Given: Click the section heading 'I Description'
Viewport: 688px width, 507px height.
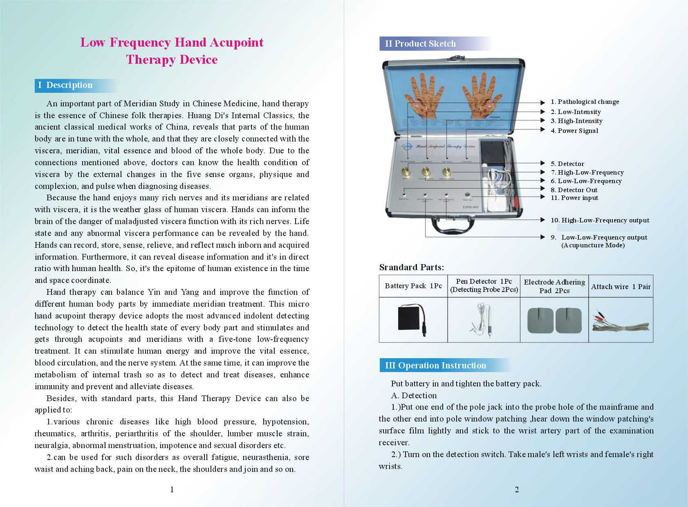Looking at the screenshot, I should [x=65, y=85].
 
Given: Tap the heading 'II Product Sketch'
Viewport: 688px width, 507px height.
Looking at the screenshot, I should [x=420, y=44].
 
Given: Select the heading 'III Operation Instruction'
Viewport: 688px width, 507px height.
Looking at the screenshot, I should [x=435, y=366].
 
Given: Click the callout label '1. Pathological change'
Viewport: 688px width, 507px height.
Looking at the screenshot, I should [x=584, y=102].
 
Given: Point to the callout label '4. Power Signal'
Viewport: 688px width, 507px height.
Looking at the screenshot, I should [x=574, y=131].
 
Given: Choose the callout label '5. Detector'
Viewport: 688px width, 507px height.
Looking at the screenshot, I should [x=567, y=164].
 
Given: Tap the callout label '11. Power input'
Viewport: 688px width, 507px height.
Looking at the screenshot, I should [x=574, y=198].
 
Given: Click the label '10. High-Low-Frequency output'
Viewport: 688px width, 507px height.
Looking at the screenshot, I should [x=600, y=220].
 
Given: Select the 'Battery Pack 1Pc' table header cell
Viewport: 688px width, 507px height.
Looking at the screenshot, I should [x=413, y=286].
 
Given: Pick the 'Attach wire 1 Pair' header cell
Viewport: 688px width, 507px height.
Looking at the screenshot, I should [x=621, y=287].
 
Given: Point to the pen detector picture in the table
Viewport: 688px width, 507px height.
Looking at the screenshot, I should [x=482, y=320].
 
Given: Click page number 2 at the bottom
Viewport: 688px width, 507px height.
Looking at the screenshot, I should [x=517, y=489].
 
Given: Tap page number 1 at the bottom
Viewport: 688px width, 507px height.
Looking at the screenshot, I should [x=172, y=489].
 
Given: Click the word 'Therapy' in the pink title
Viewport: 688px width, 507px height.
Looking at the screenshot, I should [x=149, y=60].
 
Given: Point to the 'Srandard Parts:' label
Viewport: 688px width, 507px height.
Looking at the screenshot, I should [x=411, y=267].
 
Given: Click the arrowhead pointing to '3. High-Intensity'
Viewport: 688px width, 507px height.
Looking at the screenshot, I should [x=542, y=121].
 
